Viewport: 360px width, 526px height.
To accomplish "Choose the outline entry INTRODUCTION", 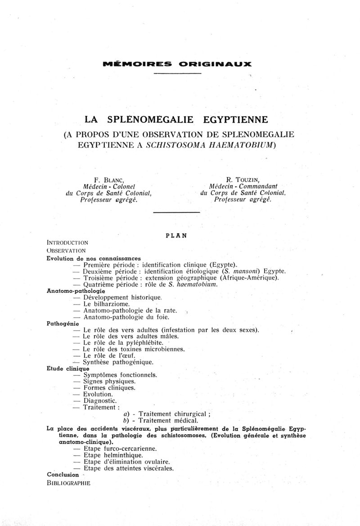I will pyautogui.click(x=67, y=243).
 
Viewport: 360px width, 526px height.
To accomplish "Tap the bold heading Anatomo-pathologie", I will pyautogui.click(x=76, y=291).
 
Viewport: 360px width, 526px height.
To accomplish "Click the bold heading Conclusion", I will pyautogui.click(x=63, y=474).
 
